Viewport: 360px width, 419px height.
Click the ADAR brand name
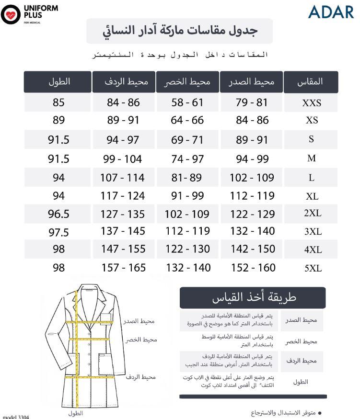coord(331,12)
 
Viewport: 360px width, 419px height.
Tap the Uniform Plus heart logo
coord(11,14)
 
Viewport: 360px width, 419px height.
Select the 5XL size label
coord(313,268)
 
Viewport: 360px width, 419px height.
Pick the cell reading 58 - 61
coord(187,102)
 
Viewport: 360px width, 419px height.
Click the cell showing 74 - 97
coord(187,159)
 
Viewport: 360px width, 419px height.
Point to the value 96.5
coord(58,214)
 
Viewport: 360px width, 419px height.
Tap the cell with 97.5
coord(58,232)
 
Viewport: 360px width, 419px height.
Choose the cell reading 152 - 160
coord(252,268)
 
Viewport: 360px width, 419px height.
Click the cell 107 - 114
coord(122,178)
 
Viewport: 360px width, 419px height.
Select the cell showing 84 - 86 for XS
coord(252,120)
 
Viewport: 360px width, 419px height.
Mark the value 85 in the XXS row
coord(58,102)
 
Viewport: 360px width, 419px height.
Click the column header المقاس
coord(311,81)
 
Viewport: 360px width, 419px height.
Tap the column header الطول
coord(59,81)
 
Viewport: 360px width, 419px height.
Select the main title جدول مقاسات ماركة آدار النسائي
coord(180,31)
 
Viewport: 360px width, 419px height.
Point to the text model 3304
coord(16,417)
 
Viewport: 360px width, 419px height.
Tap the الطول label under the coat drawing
coord(76,413)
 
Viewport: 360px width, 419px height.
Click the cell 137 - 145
coord(123,231)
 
